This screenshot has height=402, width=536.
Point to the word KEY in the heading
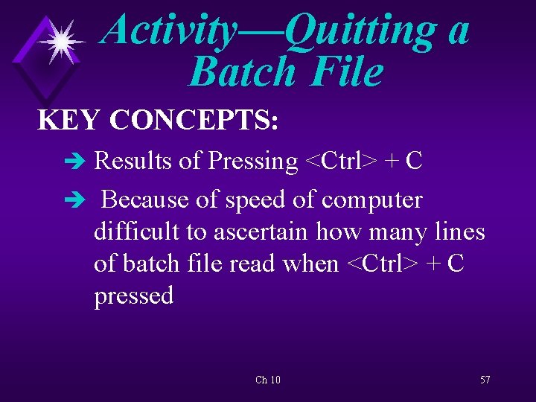point(69,120)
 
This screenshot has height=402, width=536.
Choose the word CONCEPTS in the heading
point(195,120)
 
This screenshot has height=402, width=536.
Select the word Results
point(133,161)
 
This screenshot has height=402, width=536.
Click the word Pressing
point(253,161)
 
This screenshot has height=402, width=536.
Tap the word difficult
point(136,232)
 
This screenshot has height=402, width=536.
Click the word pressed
point(134,296)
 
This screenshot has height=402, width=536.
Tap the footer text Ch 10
point(268,380)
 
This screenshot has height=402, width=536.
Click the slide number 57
point(485,380)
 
